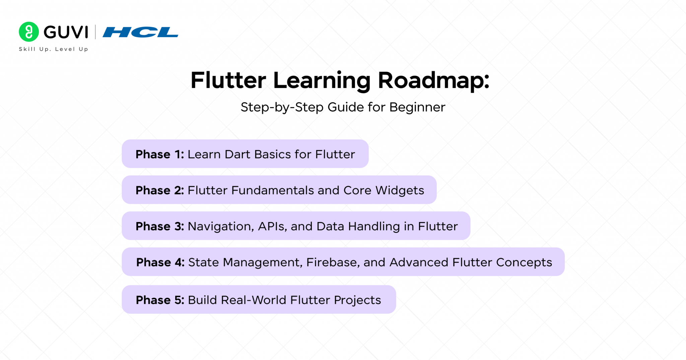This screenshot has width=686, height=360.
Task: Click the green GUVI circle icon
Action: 29,32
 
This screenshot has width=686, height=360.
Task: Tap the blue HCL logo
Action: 140,32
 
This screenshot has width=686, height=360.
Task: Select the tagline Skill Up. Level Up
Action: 54,49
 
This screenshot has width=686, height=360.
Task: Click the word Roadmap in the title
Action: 433,81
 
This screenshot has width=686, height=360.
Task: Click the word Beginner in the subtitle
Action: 417,107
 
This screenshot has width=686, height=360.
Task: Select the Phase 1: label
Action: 160,154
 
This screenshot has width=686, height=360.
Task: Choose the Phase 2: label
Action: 160,191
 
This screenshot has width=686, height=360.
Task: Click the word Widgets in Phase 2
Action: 400,191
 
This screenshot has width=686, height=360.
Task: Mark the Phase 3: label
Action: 160,227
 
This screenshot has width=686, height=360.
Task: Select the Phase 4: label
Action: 160,263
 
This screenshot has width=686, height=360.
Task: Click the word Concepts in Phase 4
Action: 524,263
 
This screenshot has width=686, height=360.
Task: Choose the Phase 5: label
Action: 160,300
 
